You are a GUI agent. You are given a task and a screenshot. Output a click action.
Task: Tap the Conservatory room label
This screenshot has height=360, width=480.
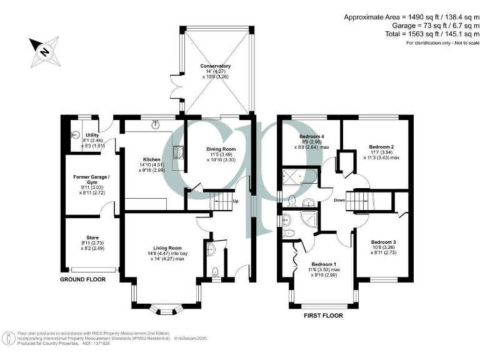[x=215, y=66]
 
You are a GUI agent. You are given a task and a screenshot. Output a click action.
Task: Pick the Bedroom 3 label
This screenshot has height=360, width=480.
[x=382, y=242]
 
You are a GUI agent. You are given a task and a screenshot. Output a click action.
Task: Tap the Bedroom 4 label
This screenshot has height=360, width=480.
[x=311, y=136]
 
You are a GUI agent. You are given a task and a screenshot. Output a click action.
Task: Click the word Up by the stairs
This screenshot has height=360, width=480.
[x=235, y=201]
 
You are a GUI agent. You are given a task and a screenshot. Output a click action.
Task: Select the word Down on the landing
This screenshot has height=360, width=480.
[x=339, y=200]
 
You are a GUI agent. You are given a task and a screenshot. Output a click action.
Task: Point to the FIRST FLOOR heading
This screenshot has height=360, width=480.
[x=324, y=316]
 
